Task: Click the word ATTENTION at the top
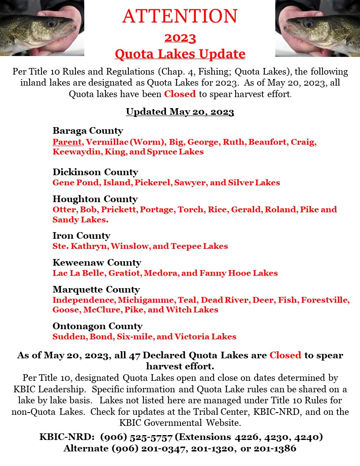[180, 16]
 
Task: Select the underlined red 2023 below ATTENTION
[180, 38]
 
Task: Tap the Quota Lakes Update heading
[180, 54]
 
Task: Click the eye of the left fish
[51, 22]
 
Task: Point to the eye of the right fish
[308, 22]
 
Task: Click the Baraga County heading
[88, 131]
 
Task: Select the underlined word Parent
[67, 142]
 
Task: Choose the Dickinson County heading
[95, 172]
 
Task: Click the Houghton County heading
[95, 199]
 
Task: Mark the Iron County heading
[81, 235]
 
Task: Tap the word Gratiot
[124, 273]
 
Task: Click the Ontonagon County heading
[97, 326]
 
